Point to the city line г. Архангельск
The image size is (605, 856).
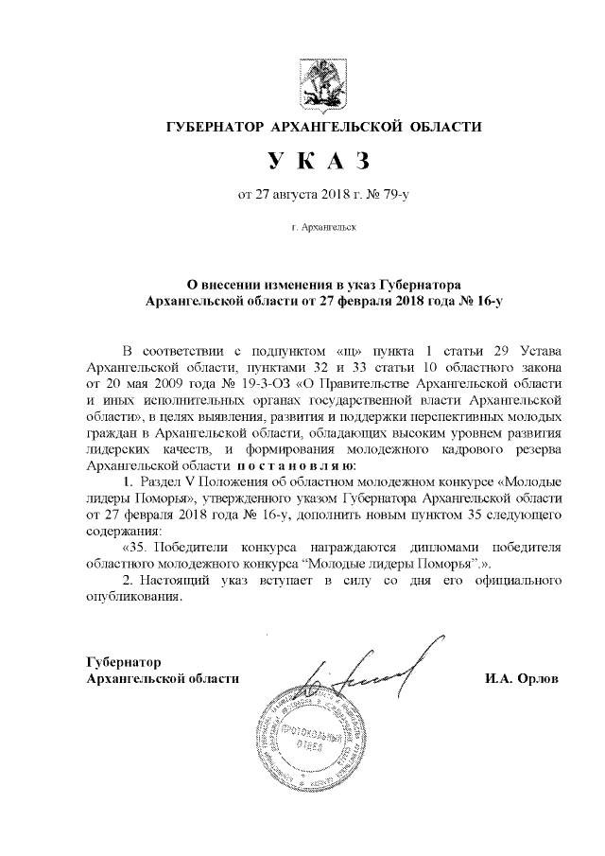324,228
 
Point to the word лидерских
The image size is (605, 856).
115,449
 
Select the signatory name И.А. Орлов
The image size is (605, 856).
521,679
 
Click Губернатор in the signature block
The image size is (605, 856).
124,662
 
